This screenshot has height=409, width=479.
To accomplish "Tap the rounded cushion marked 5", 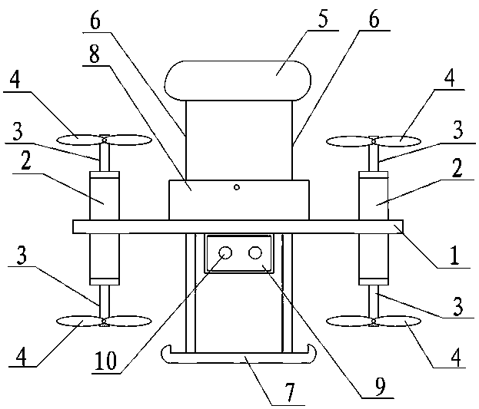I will click(x=238, y=80).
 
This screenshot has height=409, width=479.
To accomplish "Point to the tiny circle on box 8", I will click(x=238, y=187).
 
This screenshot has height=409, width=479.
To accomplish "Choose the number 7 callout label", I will click(x=291, y=392).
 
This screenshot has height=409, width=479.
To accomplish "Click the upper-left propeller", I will click(x=104, y=140).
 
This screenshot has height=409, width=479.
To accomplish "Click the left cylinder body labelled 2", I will click(x=105, y=198).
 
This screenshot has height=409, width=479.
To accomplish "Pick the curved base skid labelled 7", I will click(x=238, y=355).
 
